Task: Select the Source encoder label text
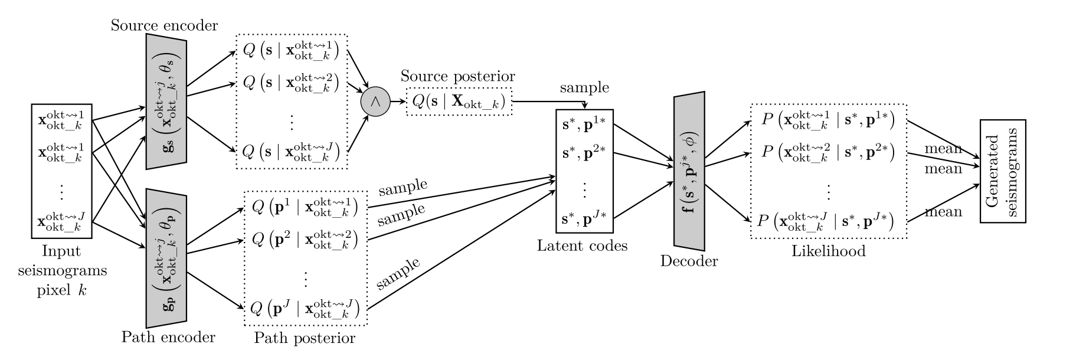pos(165,25)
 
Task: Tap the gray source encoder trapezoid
pos(166,102)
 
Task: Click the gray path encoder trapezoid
pos(166,254)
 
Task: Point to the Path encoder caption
pos(168,338)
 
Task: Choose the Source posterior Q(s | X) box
pos(459,102)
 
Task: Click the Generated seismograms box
pos(1003,171)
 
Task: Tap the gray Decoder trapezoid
pos(689,171)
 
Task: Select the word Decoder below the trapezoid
pos(689,261)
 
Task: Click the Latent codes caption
pos(582,246)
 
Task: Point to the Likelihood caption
pos(828,251)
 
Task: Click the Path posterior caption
pos(305,338)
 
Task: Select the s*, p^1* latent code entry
pos(585,126)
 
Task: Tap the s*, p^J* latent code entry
pos(585,220)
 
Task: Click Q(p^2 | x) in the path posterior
pos(306,241)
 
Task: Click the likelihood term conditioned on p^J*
pos(828,221)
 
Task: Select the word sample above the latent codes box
pos(584,88)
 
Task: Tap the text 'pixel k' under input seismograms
pos(61,290)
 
